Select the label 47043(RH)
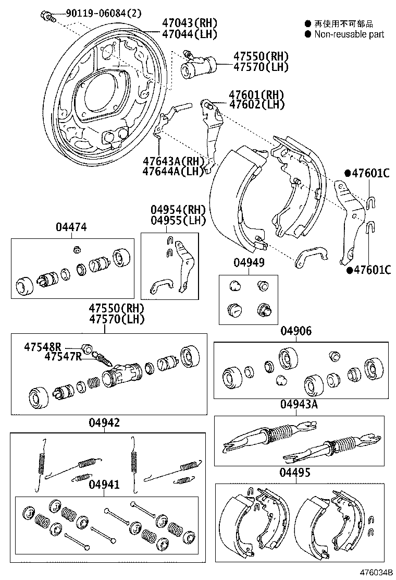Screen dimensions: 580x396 click(x=182, y=23)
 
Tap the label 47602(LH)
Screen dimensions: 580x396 click(x=256, y=105)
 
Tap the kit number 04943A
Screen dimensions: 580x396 click(x=299, y=405)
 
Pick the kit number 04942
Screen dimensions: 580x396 click(x=104, y=422)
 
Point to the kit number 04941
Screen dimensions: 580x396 click(x=104, y=485)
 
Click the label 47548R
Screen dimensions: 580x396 click(x=42, y=347)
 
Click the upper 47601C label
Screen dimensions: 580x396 click(x=370, y=174)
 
